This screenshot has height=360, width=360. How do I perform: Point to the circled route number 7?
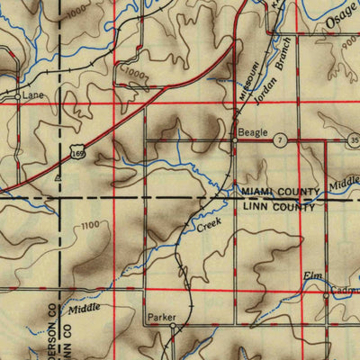point(281,141)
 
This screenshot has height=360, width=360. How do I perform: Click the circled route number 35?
point(355,141)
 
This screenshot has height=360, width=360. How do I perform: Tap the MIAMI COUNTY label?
point(278,193)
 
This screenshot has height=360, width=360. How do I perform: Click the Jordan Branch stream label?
point(268,73)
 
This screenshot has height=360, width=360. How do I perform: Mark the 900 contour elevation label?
point(349,69)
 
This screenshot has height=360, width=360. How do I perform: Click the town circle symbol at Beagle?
point(234,141)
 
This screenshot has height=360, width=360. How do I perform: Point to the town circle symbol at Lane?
point(17,93)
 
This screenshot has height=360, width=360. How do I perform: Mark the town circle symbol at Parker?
point(173,328)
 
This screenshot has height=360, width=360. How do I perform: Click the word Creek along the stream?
point(208,226)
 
